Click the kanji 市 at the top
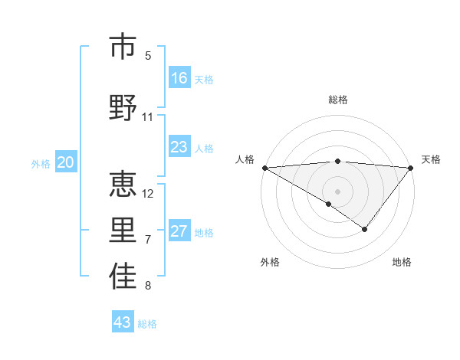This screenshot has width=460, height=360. (x=123, y=47)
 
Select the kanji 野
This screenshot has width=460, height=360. (x=123, y=106)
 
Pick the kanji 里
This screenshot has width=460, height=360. (x=123, y=230)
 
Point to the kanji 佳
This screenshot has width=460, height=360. (x=123, y=277)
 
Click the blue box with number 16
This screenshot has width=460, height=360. (x=179, y=77)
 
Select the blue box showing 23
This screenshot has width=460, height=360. (x=179, y=147)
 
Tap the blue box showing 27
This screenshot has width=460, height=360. (x=179, y=231)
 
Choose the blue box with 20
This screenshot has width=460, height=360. (x=66, y=162)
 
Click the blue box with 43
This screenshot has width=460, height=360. (x=123, y=322)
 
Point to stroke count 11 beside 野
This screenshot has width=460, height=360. (x=148, y=117)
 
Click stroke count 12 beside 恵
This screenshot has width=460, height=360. (x=149, y=193)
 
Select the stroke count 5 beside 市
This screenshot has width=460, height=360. (x=148, y=55)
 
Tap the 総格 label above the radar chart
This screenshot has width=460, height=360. (x=337, y=100)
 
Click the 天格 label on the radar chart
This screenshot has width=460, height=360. (x=432, y=159)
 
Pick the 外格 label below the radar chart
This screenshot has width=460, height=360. (x=270, y=262)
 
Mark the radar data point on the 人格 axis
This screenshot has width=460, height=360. (x=264, y=167)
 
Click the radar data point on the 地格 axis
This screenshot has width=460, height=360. (x=365, y=229)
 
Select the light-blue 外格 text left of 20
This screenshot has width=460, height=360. (x=41, y=163)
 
